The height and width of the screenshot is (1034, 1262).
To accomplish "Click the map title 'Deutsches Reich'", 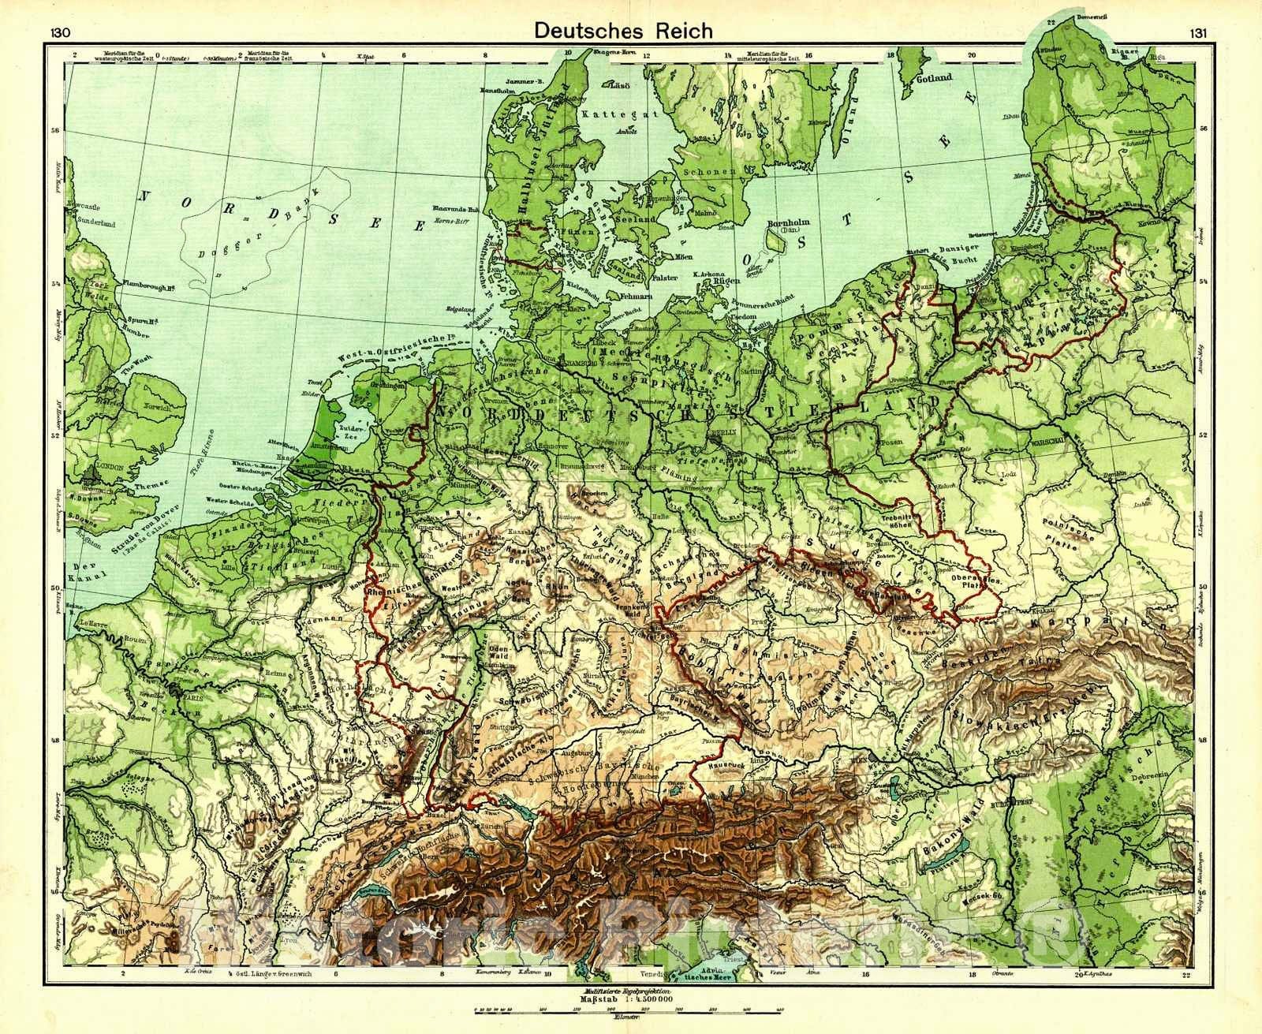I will click(623, 30).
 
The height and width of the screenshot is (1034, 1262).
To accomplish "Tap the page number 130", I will click(60, 32).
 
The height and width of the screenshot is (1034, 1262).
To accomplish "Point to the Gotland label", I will click(934, 78).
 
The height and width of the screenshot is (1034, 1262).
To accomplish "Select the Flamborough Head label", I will click(147, 288).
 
